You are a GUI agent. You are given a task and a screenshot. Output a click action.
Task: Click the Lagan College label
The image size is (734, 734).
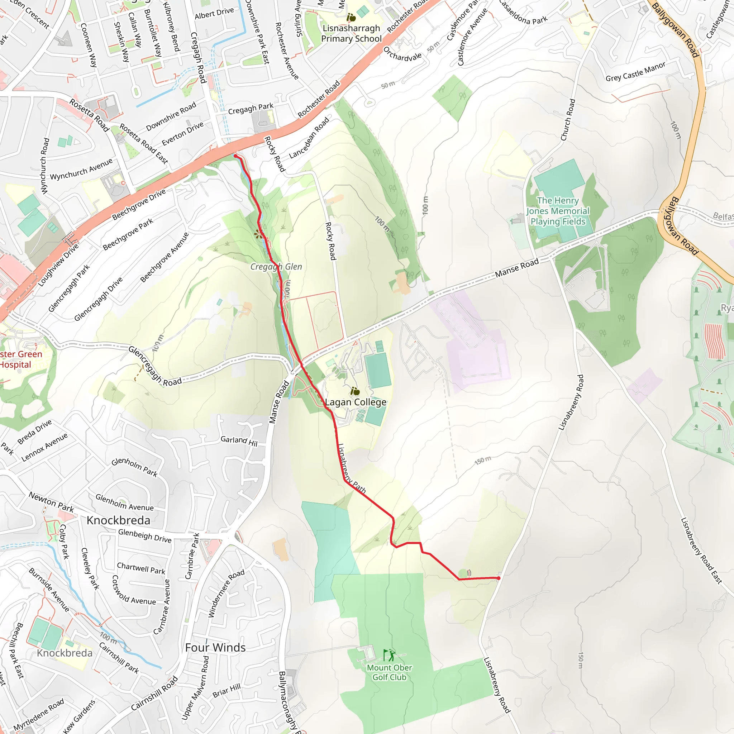(356, 402)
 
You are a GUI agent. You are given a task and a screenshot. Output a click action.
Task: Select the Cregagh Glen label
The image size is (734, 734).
(276, 267)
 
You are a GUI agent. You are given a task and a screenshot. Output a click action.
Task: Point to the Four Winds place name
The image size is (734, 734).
(215, 647)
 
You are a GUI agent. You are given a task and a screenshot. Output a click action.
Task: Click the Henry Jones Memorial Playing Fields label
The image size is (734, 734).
(558, 211)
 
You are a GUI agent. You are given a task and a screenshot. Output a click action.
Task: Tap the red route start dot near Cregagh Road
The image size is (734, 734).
(235, 156)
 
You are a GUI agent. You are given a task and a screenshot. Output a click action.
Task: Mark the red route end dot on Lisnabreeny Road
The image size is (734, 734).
(499, 578)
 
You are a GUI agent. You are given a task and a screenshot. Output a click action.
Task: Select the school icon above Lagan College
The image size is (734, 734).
(355, 391)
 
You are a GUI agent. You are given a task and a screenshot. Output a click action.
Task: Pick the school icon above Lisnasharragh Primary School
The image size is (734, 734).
(351, 17)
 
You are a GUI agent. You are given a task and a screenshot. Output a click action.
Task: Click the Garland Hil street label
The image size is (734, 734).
(239, 441)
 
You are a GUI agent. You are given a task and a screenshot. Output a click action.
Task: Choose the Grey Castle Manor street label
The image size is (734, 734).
(635, 71)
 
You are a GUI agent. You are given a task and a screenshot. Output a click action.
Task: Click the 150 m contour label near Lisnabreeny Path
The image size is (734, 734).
(482, 461)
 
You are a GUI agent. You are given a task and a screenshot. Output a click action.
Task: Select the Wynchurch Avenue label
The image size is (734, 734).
(81, 170)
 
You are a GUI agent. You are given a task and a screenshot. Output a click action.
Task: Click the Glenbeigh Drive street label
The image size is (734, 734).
(145, 535)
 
